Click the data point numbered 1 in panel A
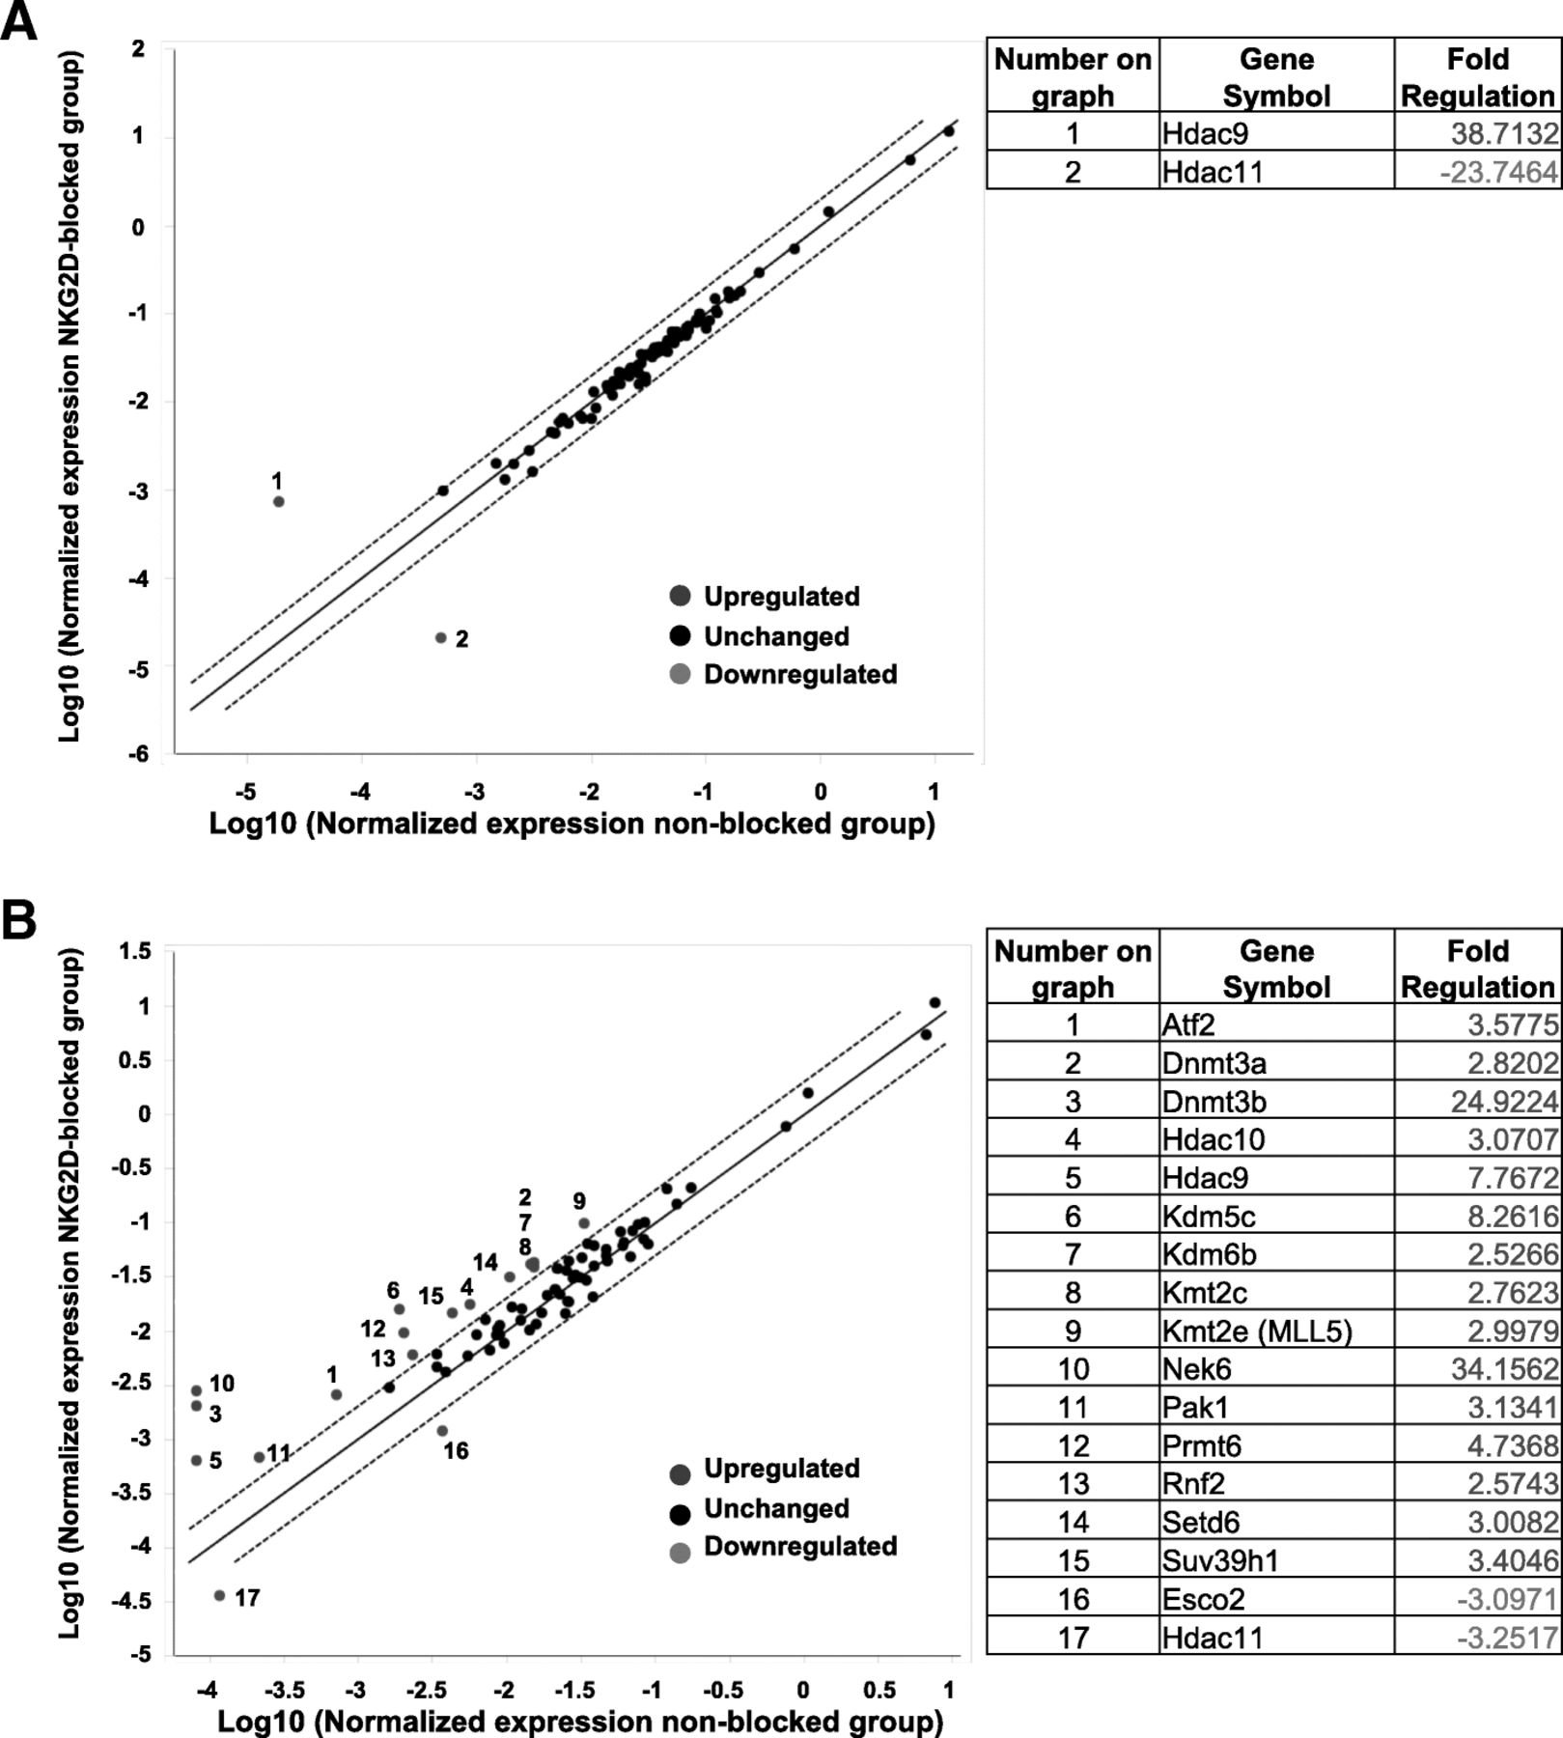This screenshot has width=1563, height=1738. coord(279,501)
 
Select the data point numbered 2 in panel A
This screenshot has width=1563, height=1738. coord(441,637)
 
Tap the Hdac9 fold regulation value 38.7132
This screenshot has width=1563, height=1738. coord(1504,133)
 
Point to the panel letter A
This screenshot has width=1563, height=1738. coord(18,21)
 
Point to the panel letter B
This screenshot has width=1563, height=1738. coord(18,920)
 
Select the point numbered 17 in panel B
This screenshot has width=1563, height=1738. coord(219,1596)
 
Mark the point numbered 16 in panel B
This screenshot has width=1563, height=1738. coord(442,1431)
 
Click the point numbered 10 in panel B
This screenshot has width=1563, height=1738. coord(196,1390)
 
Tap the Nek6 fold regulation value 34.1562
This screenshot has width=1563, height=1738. coord(1504,1368)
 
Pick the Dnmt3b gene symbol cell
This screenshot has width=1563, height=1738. coord(1214,1101)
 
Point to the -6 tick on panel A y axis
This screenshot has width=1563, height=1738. coord(139,754)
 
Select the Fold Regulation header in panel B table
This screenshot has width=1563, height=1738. coord(1477,968)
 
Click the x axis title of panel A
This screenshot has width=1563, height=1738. coord(572,824)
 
